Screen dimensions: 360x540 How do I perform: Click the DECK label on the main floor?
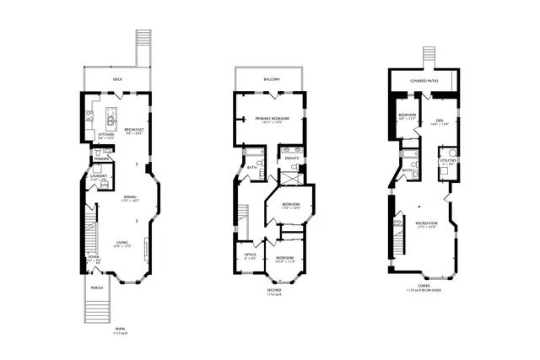116,80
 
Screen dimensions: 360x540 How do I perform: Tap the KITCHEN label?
106,134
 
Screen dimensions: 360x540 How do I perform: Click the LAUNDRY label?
100,176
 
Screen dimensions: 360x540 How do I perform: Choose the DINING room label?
129,199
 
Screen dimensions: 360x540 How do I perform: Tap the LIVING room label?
121,244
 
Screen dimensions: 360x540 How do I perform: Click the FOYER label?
94,257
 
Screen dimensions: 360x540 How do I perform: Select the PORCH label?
97,287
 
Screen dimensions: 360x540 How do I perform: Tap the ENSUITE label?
293,159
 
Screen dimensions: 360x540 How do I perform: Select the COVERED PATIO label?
430,80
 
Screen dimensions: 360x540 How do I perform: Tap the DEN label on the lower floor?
438,120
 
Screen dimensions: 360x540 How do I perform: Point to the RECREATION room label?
425,223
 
